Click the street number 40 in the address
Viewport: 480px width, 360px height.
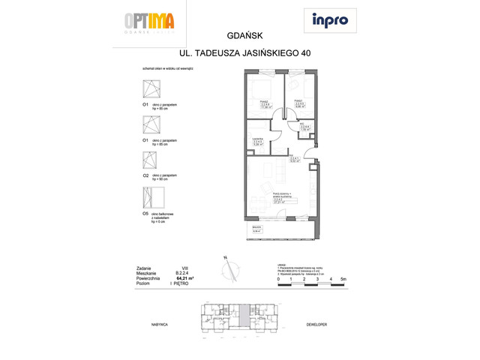click(304, 53)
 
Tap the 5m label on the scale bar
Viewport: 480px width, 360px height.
click(343, 279)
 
